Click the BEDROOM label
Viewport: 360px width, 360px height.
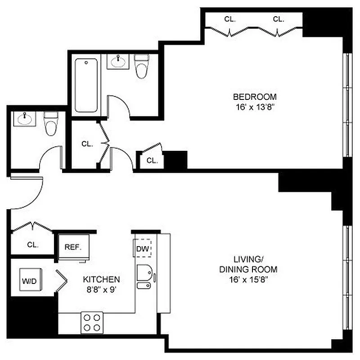pyautogui.click(x=254, y=97)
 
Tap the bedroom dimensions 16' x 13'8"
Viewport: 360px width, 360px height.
pyautogui.click(x=254, y=108)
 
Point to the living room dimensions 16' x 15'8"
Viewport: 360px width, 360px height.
pyautogui.click(x=248, y=280)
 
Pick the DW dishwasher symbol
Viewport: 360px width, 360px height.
pyautogui.click(x=143, y=248)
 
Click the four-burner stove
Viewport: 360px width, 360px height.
pyautogui.click(x=92, y=322)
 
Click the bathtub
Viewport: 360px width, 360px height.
pyautogui.click(x=86, y=85)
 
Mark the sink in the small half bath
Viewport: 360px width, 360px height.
pyautogui.click(x=23, y=119)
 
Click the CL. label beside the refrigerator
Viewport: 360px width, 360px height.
pyautogui.click(x=32, y=245)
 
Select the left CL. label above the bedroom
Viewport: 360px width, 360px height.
pyautogui.click(x=230, y=19)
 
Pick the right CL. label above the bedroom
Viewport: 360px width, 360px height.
pyautogui.click(x=279, y=19)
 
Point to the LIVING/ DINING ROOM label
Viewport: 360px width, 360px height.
pyautogui.click(x=248, y=265)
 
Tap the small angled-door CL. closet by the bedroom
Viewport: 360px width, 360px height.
pyautogui.click(x=151, y=160)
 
